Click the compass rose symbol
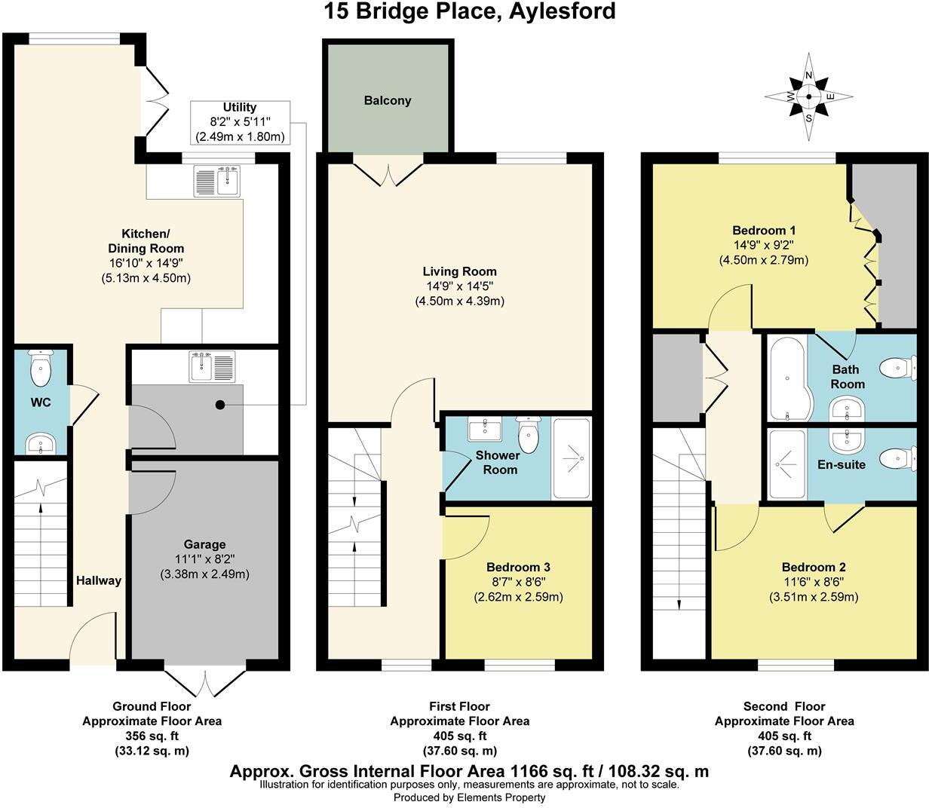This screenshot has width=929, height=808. pyautogui.click(x=809, y=96)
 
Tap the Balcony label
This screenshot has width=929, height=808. pyautogui.click(x=388, y=100)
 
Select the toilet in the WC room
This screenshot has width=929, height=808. pyautogui.click(x=39, y=369)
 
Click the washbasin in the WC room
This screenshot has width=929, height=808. pyautogui.click(x=39, y=444)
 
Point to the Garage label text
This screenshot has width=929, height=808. pyautogui.click(x=204, y=544)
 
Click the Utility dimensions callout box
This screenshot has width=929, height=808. pyautogui.click(x=240, y=122)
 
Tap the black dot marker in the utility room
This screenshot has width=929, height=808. pyautogui.click(x=220, y=405)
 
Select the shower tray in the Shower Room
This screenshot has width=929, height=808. pyautogui.click(x=572, y=458)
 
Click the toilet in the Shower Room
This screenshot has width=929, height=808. pyautogui.click(x=528, y=435)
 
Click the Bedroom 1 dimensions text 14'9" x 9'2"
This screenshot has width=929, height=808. pyautogui.click(x=763, y=245)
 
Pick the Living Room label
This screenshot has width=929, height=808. pyautogui.click(x=459, y=271)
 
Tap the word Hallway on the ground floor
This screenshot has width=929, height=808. pyautogui.click(x=98, y=580)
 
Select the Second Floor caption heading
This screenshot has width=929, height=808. pyautogui.click(x=784, y=707)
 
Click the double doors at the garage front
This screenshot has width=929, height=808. pyautogui.click(x=204, y=683)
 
